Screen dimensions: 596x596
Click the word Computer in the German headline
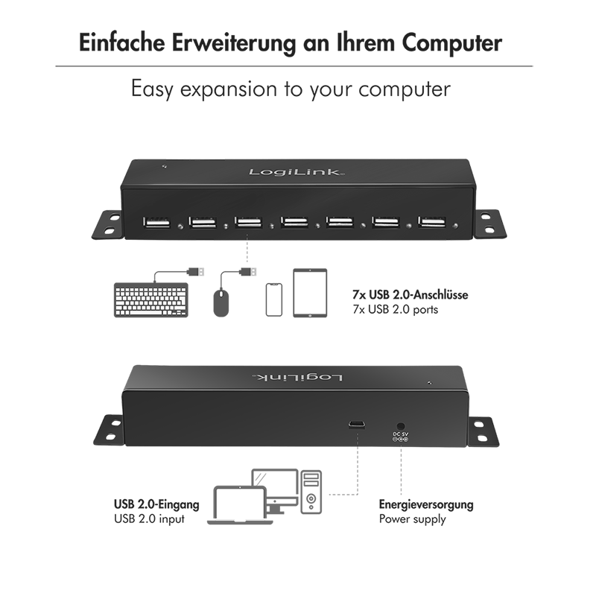click(x=452, y=43)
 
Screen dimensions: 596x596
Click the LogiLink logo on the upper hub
click(x=297, y=172)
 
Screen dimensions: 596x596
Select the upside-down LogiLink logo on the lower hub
click(x=297, y=377)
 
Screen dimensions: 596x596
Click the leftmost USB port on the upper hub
click(x=156, y=222)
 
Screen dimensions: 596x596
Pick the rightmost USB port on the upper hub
click(x=432, y=221)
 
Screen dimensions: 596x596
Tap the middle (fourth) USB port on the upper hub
click(x=294, y=221)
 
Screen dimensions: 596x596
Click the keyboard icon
click(x=151, y=300)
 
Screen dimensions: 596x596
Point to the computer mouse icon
click(x=221, y=303)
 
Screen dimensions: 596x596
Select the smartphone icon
click(x=273, y=299)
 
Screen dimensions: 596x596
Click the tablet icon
click(x=310, y=293)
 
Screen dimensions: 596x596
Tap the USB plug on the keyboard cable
click(x=196, y=272)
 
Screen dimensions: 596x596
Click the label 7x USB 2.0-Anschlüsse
click(x=410, y=294)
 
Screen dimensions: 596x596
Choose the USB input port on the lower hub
click(x=357, y=425)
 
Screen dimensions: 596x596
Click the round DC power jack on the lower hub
click(x=400, y=427)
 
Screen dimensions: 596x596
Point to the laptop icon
click(x=240, y=505)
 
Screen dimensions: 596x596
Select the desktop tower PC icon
click(x=311, y=492)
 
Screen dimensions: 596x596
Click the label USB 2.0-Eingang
click(x=156, y=504)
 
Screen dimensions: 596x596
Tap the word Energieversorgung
click(x=426, y=505)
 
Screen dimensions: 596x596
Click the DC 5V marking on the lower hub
click(x=400, y=434)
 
